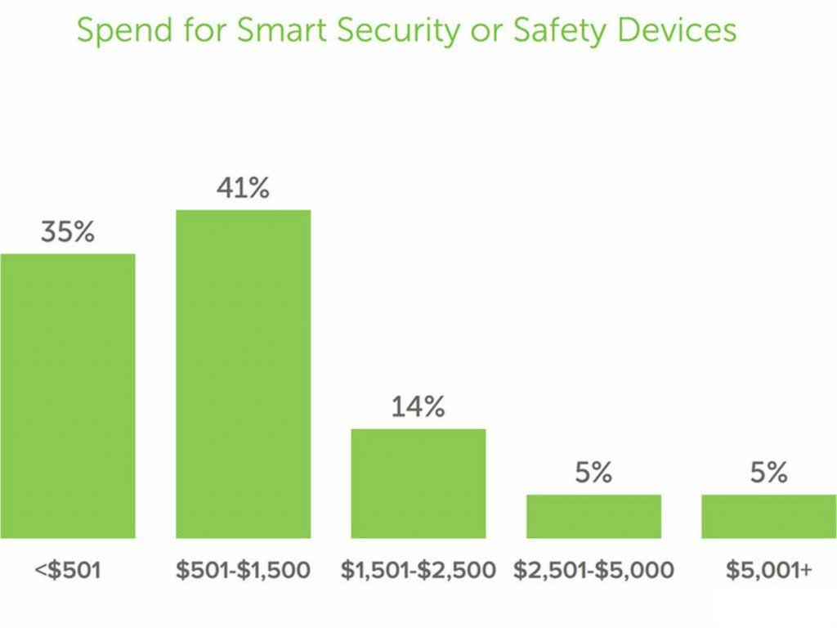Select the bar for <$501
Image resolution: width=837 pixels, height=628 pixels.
(x=68, y=396)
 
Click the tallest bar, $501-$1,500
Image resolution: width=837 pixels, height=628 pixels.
(x=244, y=374)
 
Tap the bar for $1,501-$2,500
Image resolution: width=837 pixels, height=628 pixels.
(x=418, y=483)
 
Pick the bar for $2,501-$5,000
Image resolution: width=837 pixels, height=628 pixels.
(x=593, y=516)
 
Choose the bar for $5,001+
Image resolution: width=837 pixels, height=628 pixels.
(x=768, y=516)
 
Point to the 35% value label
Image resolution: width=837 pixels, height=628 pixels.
(x=68, y=232)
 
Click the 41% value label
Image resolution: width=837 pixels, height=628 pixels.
(x=243, y=189)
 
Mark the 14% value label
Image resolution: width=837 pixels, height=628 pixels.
(x=418, y=407)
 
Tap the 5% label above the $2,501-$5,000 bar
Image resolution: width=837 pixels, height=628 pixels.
(x=593, y=473)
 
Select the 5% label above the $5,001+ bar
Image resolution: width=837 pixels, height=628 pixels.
(x=768, y=473)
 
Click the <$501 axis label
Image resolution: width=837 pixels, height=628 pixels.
(x=68, y=570)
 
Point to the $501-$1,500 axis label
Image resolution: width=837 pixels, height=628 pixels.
(x=244, y=570)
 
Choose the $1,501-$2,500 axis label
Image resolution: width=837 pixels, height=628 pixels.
(x=418, y=570)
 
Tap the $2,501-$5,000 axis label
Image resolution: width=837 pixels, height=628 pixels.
(x=593, y=570)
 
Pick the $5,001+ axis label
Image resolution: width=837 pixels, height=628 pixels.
(x=768, y=570)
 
